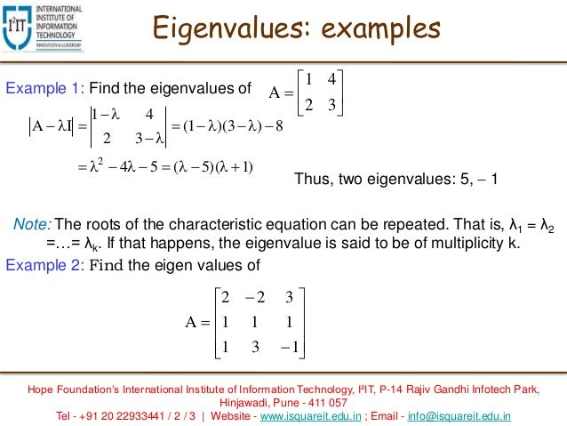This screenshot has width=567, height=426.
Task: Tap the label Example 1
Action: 36,88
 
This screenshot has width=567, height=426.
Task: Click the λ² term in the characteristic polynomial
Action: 86,165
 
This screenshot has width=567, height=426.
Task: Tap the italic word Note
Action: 31,222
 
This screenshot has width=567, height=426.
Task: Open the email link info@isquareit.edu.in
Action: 458,414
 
